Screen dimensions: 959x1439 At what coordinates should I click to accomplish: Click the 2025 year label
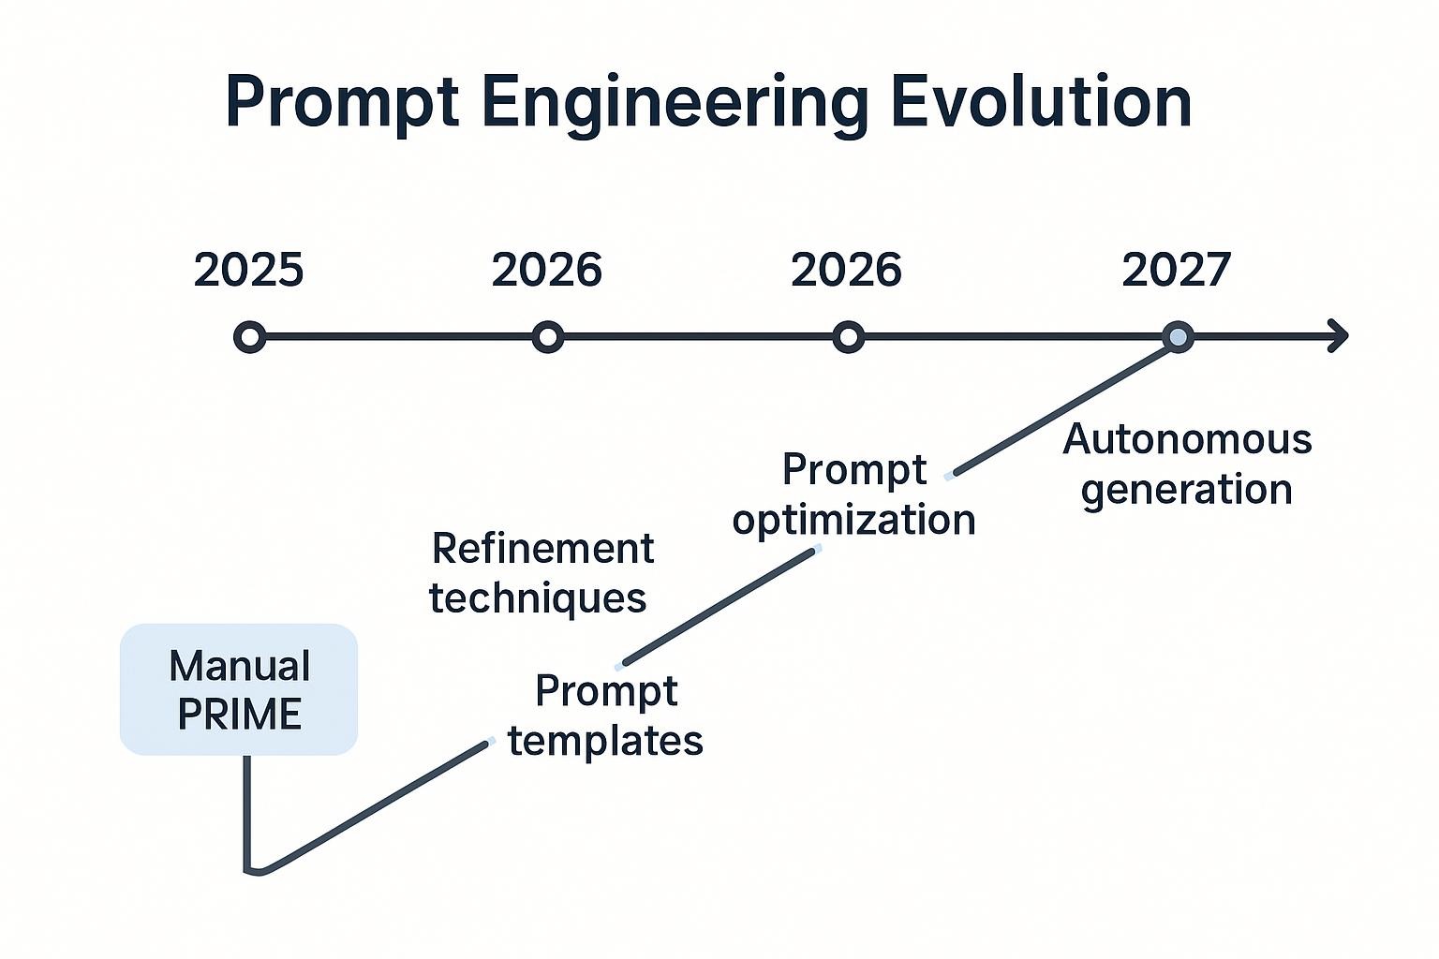tap(249, 271)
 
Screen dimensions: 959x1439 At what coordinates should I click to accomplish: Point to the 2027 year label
tap(1177, 271)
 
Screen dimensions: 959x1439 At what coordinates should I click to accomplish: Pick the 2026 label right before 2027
tap(846, 271)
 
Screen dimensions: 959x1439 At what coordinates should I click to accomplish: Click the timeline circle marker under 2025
tap(249, 336)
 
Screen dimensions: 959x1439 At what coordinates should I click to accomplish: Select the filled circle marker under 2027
tap(1178, 336)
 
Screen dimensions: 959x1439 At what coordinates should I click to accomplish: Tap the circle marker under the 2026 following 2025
tap(548, 336)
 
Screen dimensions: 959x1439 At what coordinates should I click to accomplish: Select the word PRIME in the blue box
tap(240, 716)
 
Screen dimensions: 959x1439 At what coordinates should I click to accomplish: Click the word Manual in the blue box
tap(240, 667)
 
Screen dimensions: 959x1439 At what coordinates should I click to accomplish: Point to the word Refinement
tap(542, 549)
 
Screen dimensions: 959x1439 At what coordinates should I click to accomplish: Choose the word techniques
tap(538, 598)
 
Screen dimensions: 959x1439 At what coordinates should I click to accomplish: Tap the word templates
tap(605, 741)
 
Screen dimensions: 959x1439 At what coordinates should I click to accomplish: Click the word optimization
tap(853, 520)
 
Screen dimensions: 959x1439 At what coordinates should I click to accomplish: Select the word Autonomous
tap(1187, 439)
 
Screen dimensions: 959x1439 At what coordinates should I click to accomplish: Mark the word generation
tap(1187, 490)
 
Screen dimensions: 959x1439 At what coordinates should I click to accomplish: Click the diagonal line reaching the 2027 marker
tap(1063, 410)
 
